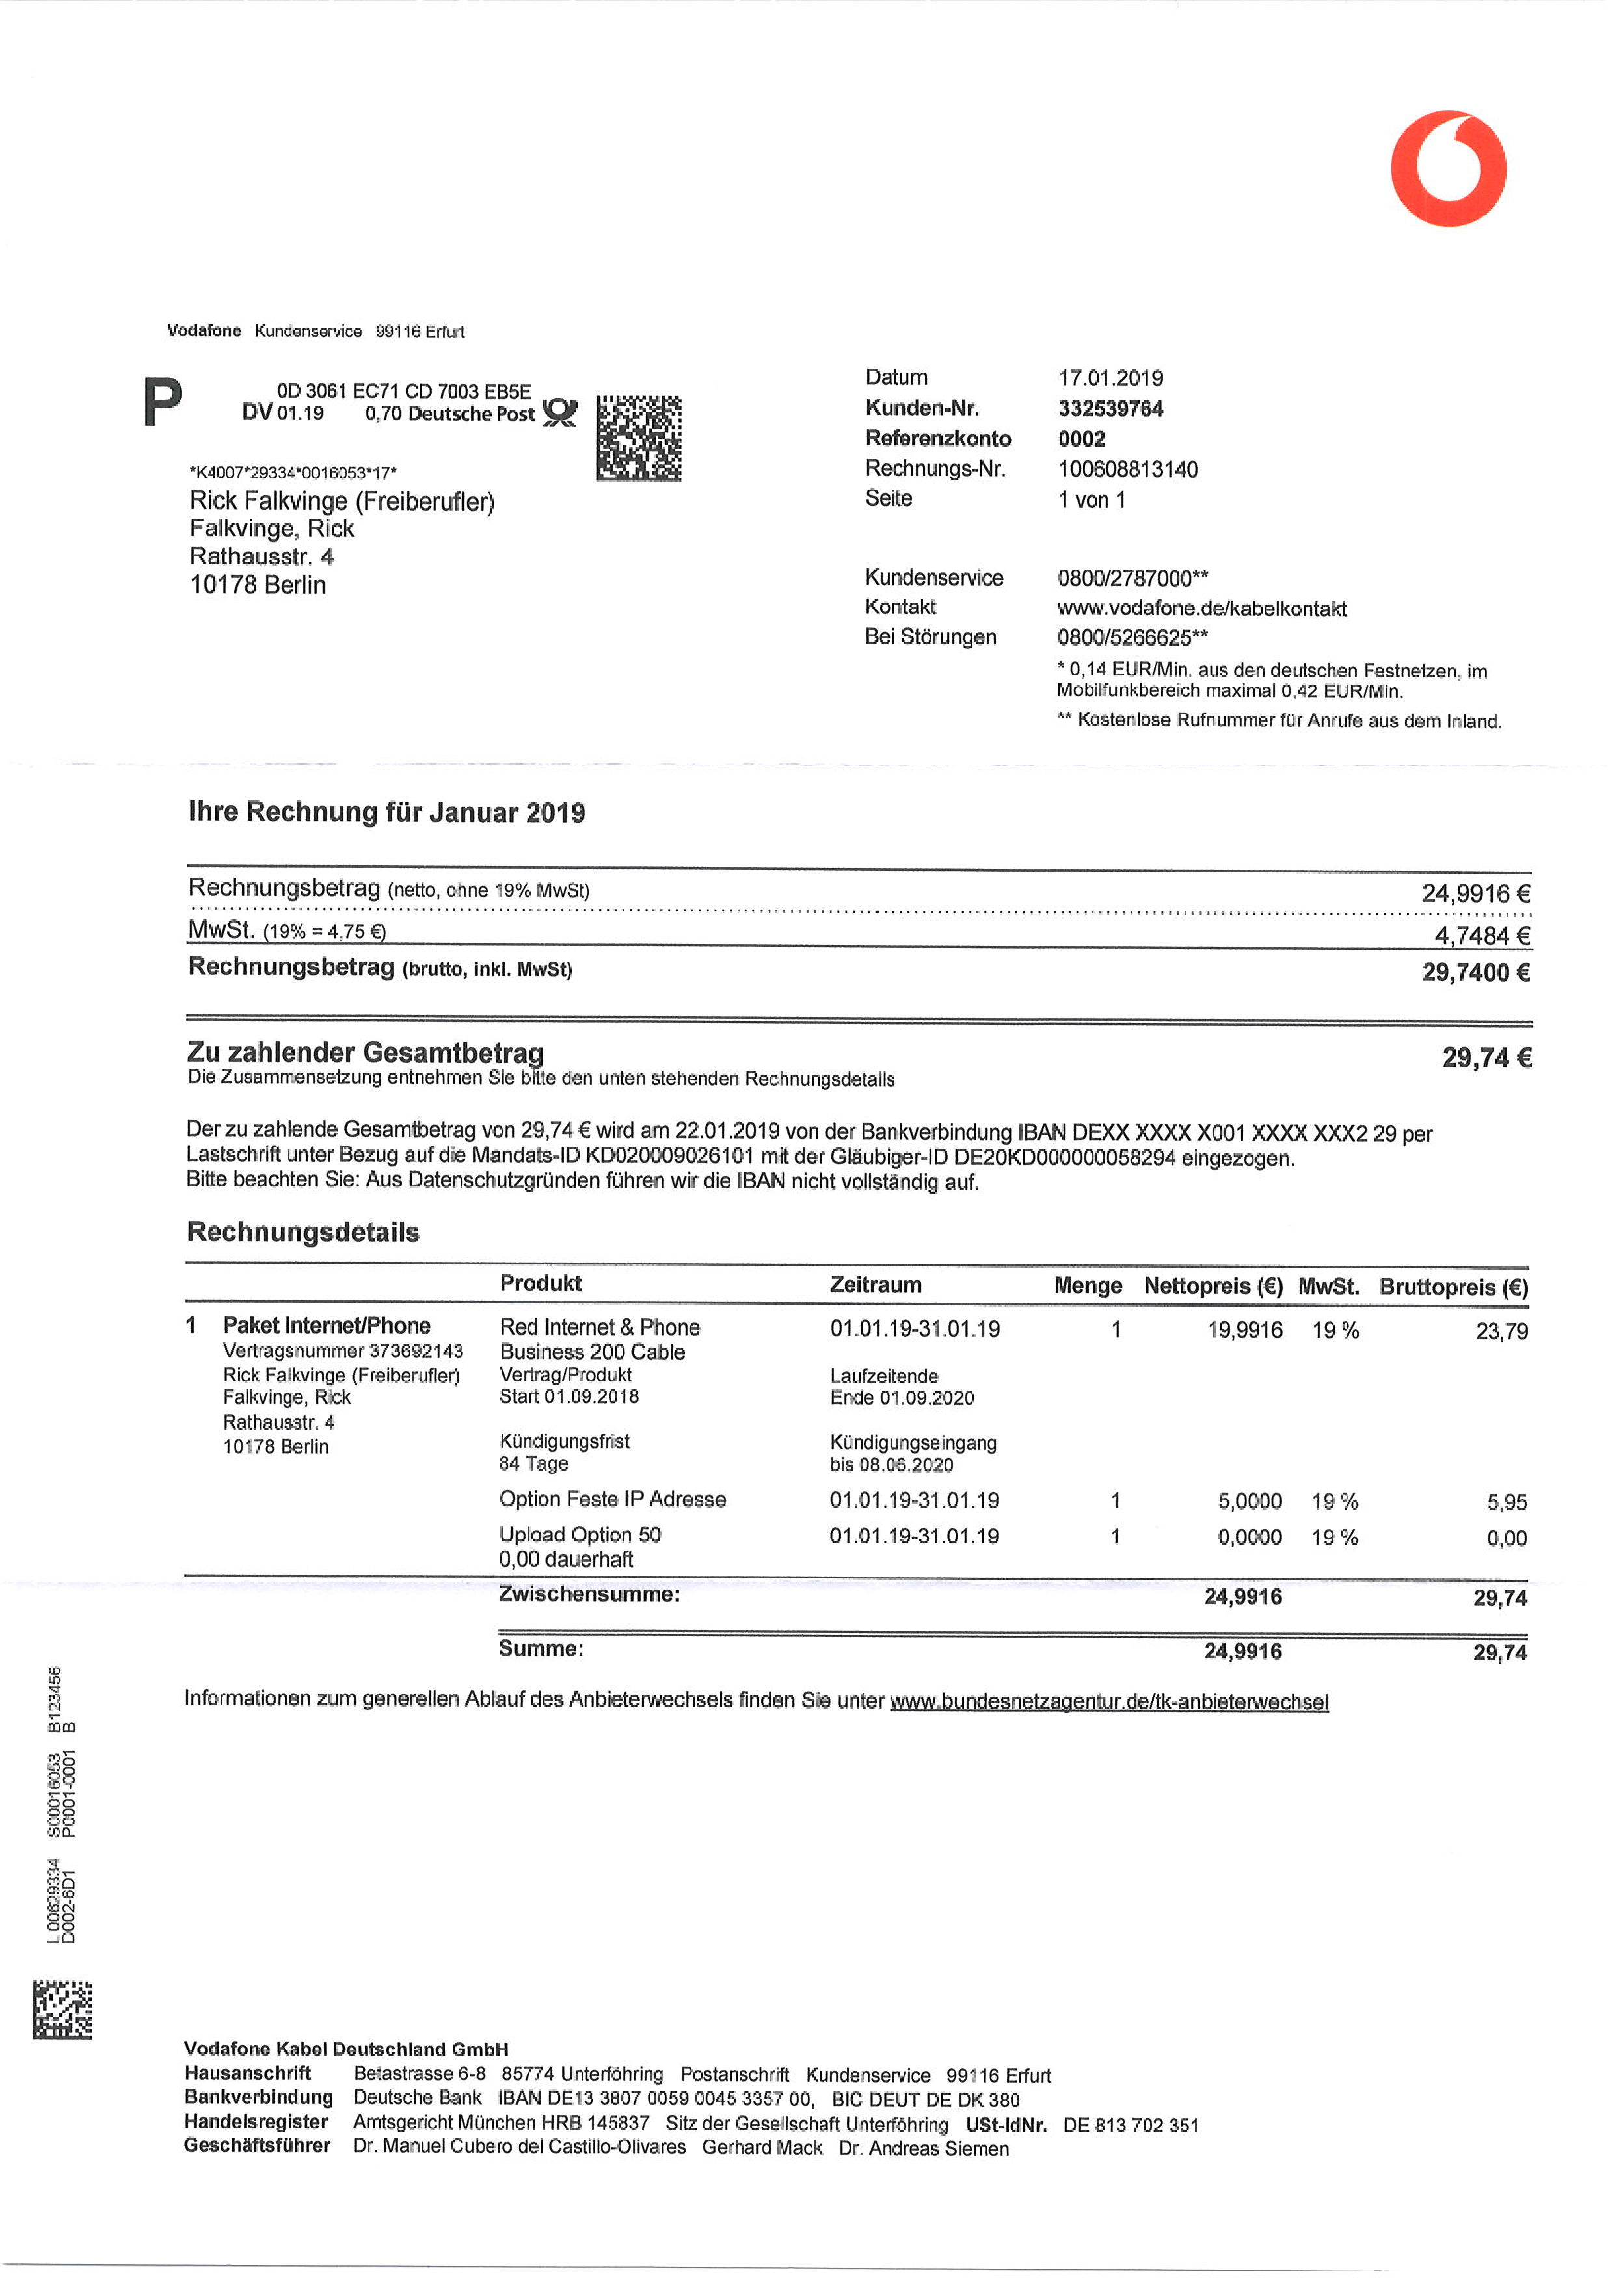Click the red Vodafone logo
1447,168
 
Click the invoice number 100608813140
1127,469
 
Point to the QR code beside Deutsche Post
638,438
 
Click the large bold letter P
163,402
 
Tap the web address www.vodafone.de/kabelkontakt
1201,609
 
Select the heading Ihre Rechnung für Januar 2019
386,813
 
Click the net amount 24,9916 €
1475,893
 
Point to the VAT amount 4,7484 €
1481,936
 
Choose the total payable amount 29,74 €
1486,1058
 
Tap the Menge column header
1087,1286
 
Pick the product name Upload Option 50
580,1535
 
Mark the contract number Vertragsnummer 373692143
342,1352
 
